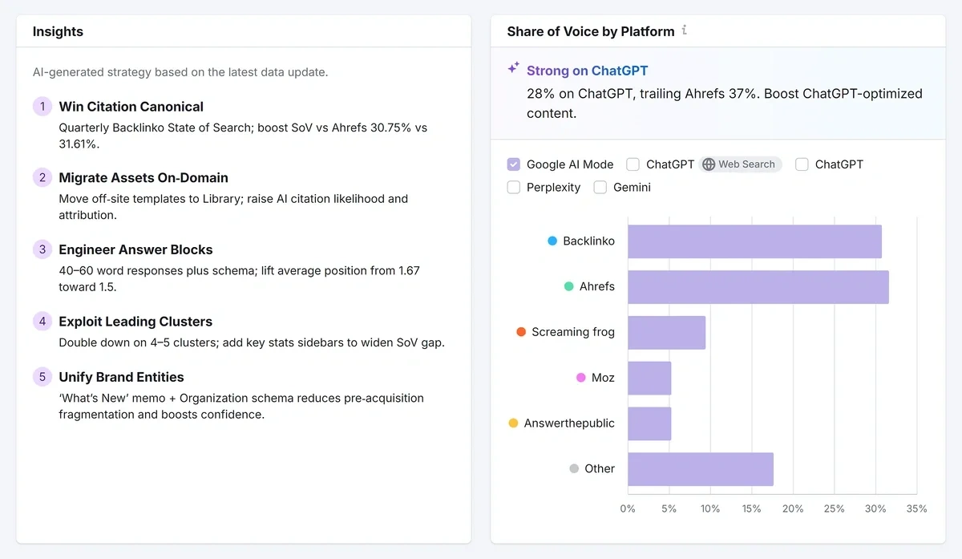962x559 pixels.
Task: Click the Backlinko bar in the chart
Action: click(754, 241)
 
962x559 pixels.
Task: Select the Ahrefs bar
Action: click(758, 287)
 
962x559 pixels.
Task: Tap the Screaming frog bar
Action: click(666, 332)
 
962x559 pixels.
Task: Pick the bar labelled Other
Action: click(701, 469)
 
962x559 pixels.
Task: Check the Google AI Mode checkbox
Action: click(514, 164)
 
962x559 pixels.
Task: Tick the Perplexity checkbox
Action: click(514, 188)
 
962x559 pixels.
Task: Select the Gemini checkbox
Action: click(600, 188)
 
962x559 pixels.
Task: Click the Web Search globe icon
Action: click(709, 164)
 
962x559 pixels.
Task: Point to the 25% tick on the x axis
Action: click(834, 508)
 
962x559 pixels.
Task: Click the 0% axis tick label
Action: click(628, 508)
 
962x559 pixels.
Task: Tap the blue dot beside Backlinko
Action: click(552, 241)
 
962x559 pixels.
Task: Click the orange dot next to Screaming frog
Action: click(521, 332)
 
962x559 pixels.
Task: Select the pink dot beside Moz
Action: click(581, 378)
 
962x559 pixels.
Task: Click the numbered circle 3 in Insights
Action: click(42, 249)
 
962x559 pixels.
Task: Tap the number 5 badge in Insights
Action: click(42, 377)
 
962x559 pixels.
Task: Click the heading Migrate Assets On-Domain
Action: click(143, 178)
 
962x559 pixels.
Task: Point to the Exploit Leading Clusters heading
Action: click(135, 322)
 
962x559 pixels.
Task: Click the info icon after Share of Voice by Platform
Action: click(684, 30)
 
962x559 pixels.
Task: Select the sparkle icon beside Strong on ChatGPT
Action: click(513, 69)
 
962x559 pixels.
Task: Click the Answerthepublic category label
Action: click(569, 423)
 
